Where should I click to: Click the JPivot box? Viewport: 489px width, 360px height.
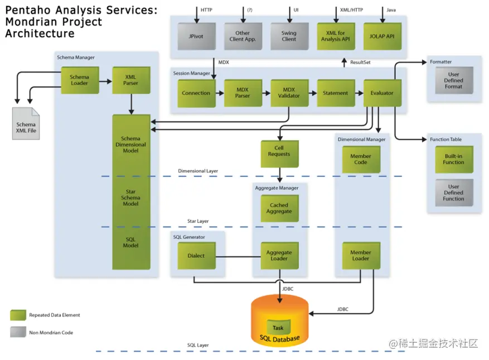point(196,36)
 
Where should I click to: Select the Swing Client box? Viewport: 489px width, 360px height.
point(289,36)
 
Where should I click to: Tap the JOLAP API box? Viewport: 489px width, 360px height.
point(383,36)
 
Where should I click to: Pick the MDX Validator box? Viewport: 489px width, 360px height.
point(289,93)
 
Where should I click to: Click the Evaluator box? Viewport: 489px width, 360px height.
point(383,93)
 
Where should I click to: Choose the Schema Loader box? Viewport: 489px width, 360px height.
point(80,80)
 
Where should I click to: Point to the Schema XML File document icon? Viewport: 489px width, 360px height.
point(26,124)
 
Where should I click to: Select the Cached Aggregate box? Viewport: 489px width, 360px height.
point(280,208)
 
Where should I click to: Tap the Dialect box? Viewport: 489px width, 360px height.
point(196,256)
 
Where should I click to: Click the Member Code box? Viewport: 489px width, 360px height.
point(361,159)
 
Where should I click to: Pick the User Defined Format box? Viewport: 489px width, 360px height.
point(454,80)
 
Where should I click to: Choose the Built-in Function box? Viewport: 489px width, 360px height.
point(454,159)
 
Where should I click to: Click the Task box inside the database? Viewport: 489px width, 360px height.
point(278,327)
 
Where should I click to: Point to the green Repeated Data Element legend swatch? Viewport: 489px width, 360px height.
point(18,315)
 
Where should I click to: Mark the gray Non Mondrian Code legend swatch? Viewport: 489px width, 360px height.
point(18,332)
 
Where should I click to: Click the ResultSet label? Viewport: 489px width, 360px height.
point(360,63)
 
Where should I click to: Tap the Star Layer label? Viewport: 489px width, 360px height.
point(198,221)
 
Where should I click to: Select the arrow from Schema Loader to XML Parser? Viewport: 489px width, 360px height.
point(105,81)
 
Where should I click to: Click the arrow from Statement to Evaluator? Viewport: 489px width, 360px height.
point(359,93)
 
